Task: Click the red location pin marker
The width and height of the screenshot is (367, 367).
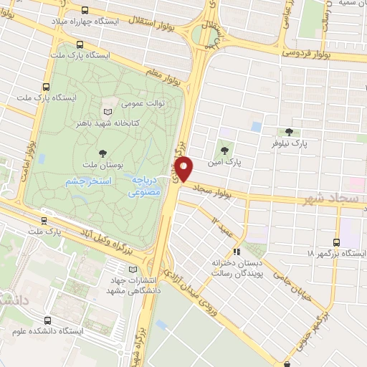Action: (x=184, y=169)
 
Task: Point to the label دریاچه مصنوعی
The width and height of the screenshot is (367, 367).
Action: (x=147, y=188)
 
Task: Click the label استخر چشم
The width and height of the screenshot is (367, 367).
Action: (x=88, y=182)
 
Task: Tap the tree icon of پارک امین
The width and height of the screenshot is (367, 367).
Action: (x=225, y=151)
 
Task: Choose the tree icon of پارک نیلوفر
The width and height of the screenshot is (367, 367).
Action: (x=288, y=131)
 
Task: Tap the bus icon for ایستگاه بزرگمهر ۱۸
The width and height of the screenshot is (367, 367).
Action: (x=338, y=242)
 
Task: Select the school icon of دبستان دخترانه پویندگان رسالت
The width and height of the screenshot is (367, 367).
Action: (x=237, y=252)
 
